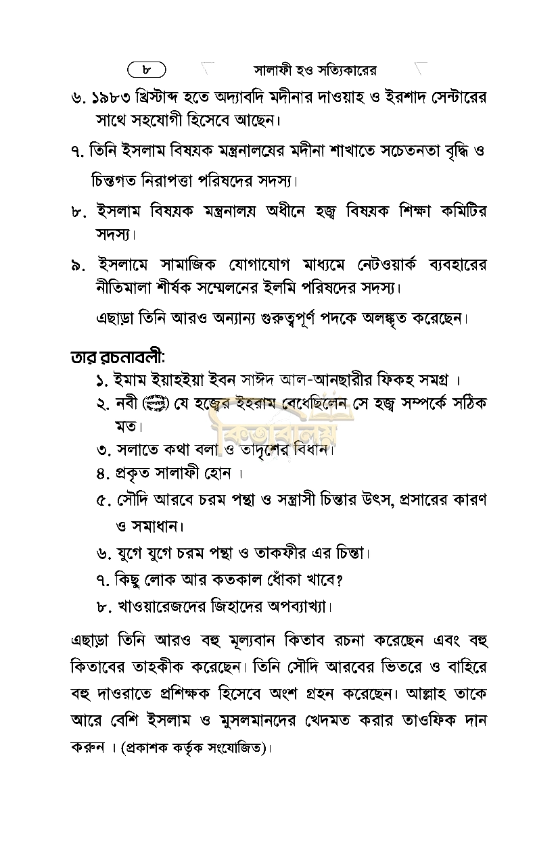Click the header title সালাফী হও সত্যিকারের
315,70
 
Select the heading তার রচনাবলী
118,356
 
